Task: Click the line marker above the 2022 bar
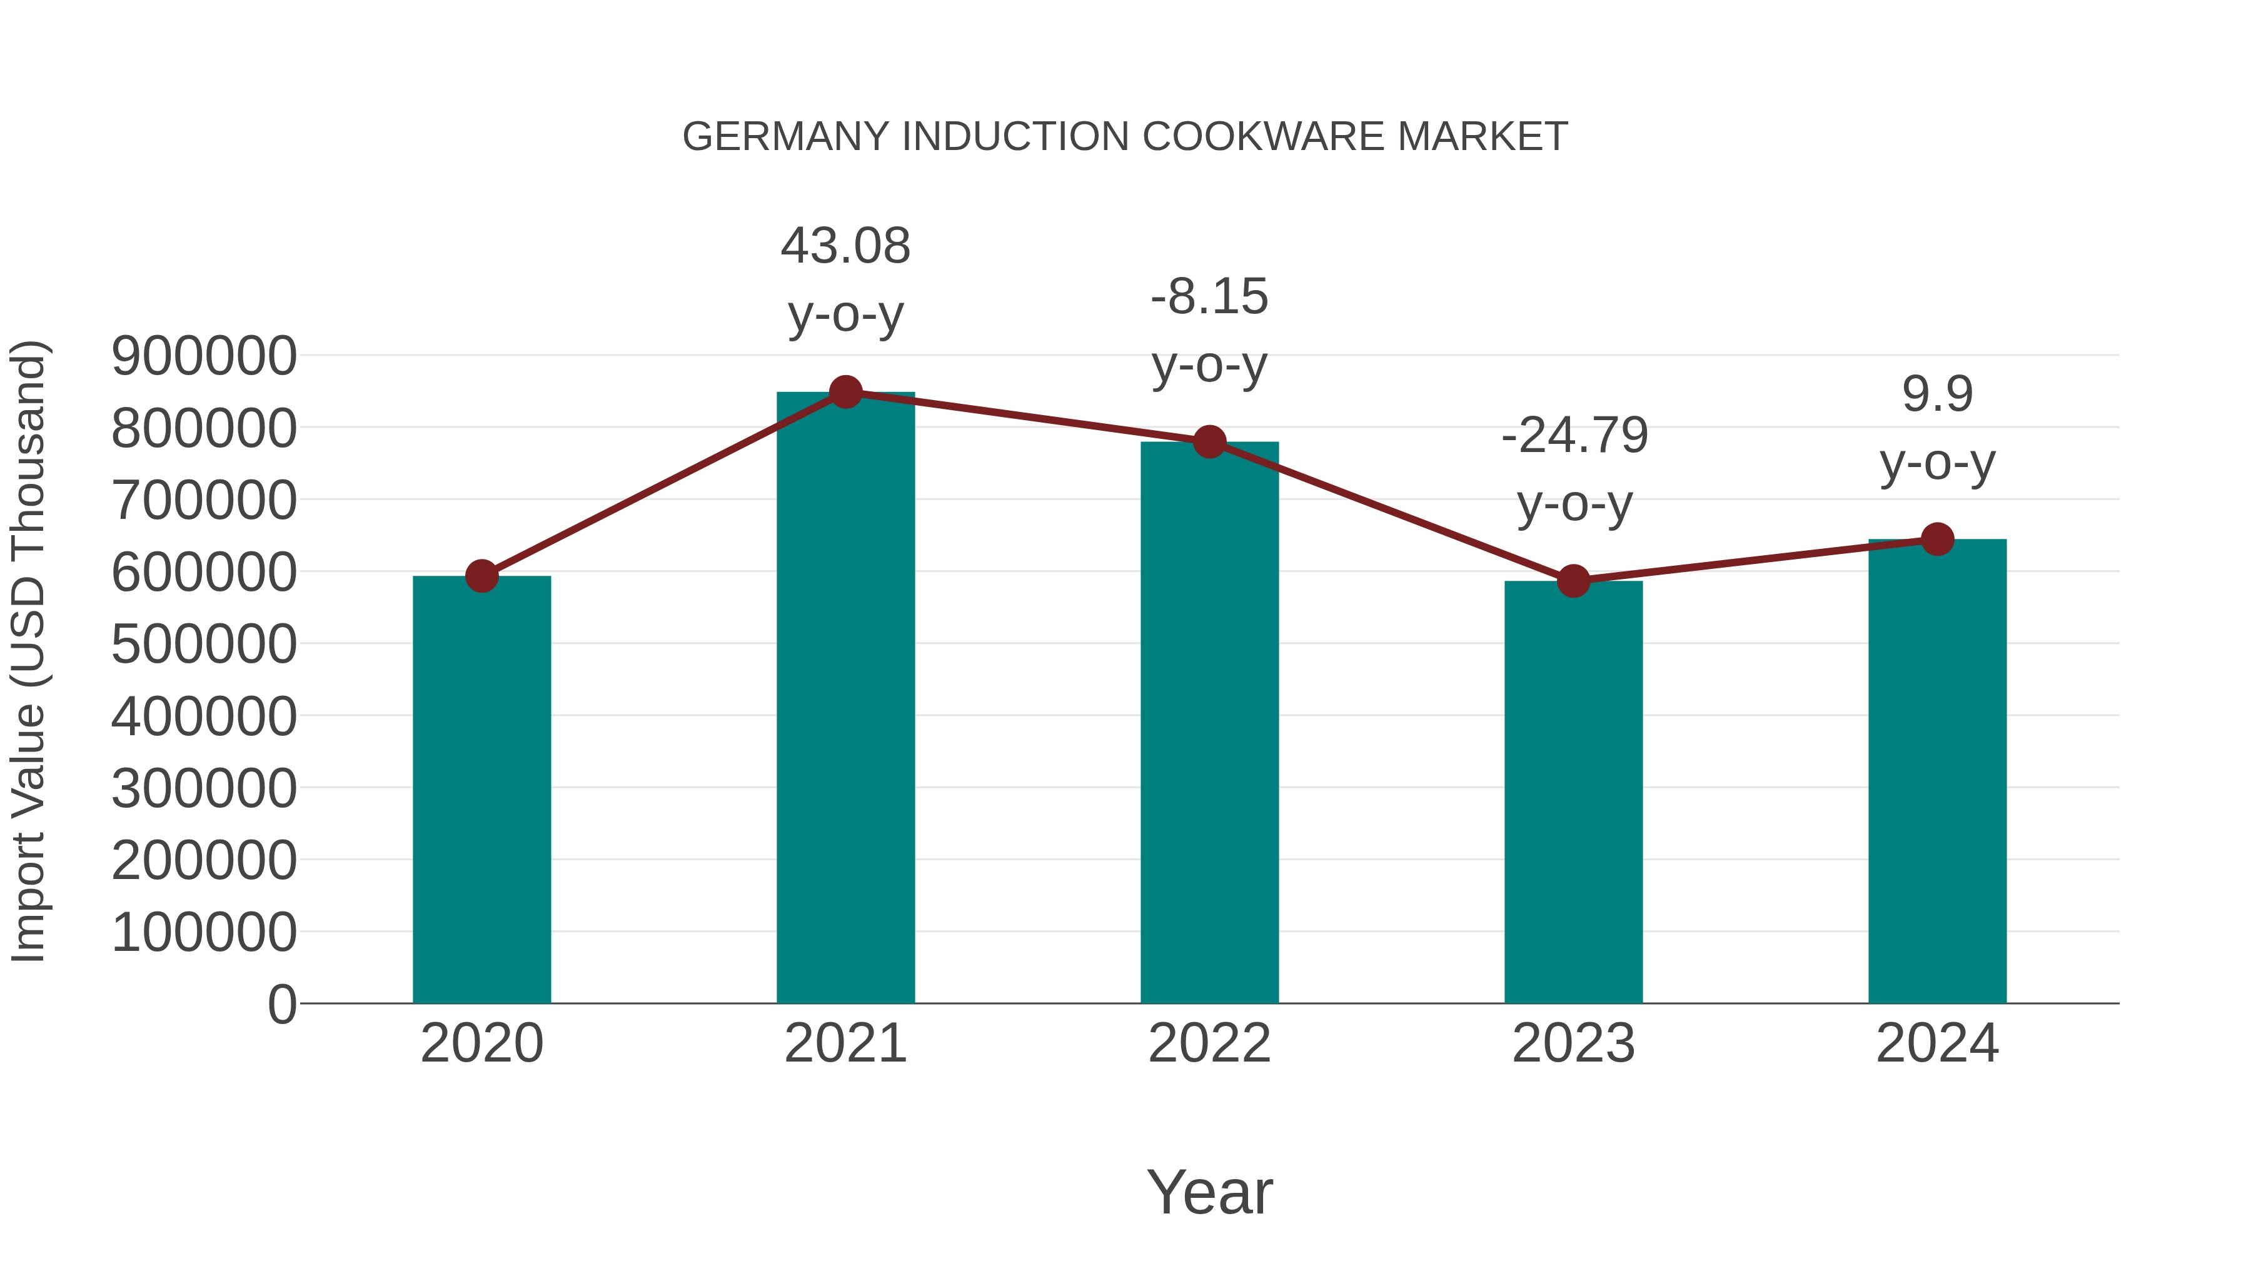[x=1209, y=442]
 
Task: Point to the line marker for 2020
[x=481, y=576]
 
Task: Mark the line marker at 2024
[x=1937, y=539]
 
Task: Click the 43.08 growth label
[x=845, y=246]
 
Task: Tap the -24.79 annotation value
[x=1574, y=435]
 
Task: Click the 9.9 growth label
[x=1937, y=393]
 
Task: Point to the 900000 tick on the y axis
[x=204, y=356]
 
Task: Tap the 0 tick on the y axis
[x=282, y=1004]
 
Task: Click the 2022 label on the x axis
[x=1209, y=1043]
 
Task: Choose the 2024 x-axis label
[x=1937, y=1043]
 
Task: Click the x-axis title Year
[x=1209, y=1192]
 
